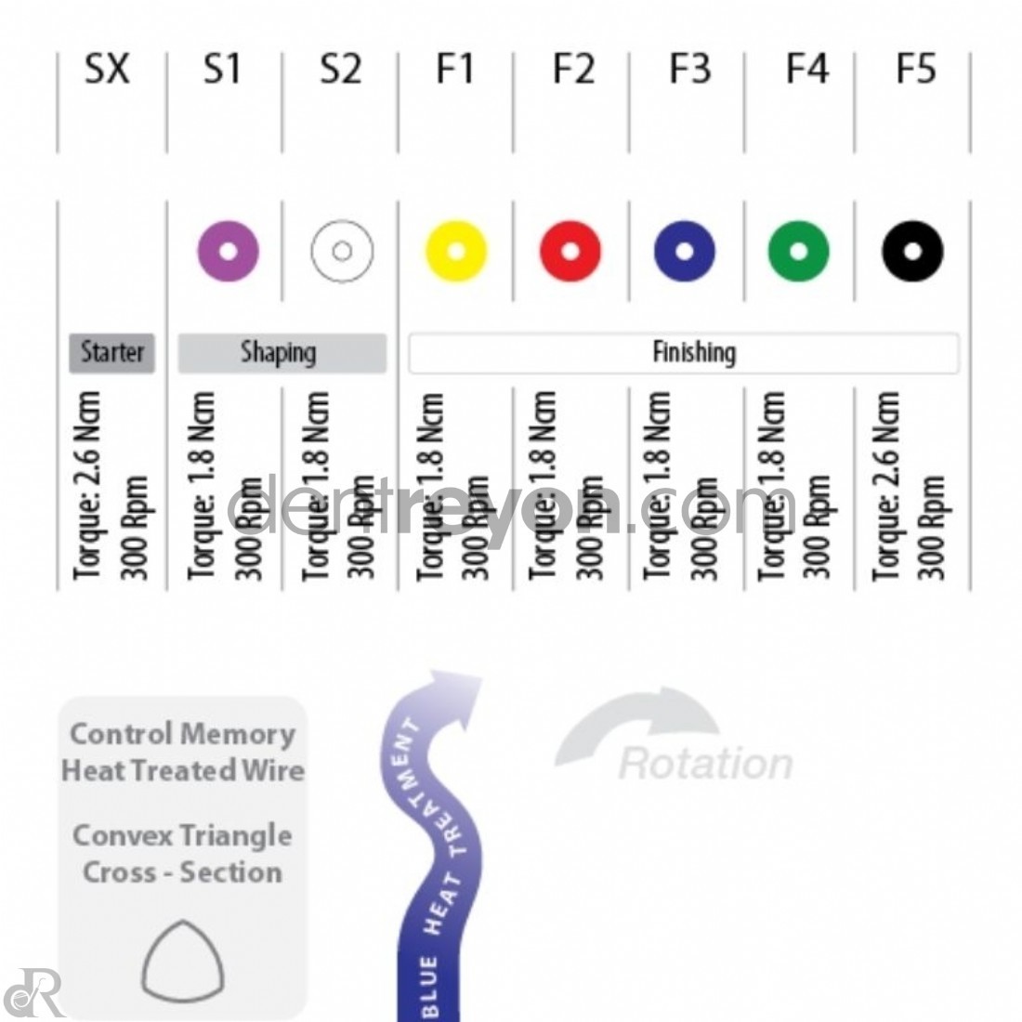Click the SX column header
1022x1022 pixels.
tap(107, 71)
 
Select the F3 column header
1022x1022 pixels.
tap(689, 71)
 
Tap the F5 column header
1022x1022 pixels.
tap(915, 71)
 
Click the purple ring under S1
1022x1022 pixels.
tap(229, 251)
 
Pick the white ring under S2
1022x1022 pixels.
tap(342, 251)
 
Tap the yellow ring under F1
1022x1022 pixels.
tap(456, 251)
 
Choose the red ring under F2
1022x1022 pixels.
tap(570, 251)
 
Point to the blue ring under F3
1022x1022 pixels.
tap(685, 251)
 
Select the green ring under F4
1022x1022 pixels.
tap(799, 251)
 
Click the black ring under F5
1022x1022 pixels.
tap(912, 251)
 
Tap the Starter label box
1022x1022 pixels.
tap(112, 352)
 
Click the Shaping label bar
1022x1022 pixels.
tap(282, 353)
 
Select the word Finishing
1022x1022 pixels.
tap(693, 353)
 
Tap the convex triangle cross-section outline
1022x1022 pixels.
tap(183, 958)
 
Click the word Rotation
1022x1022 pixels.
tap(705, 764)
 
